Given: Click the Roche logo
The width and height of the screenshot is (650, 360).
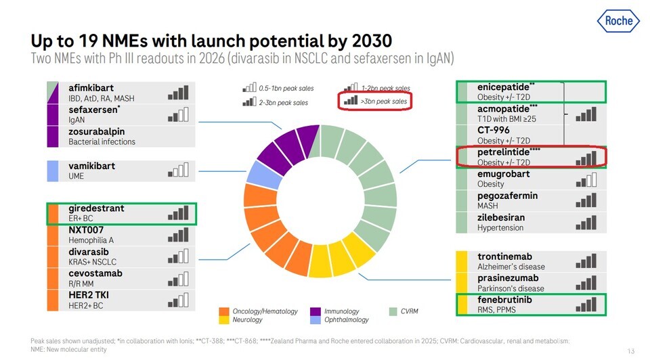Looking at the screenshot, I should (x=618, y=20).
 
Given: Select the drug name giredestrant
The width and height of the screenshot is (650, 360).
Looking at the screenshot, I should (x=96, y=208).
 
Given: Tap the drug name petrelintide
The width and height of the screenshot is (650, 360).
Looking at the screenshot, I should (x=503, y=152).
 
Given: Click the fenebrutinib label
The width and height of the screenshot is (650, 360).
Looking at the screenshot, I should (x=504, y=300).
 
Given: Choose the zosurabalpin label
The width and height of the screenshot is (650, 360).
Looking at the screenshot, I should (x=102, y=131).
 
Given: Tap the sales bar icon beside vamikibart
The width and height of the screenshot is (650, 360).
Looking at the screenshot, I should (x=178, y=171).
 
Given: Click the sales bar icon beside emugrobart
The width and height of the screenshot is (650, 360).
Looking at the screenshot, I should (x=586, y=179).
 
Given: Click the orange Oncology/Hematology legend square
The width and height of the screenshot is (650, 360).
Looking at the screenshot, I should (x=223, y=311).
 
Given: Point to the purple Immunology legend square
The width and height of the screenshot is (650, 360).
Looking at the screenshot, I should (x=314, y=311).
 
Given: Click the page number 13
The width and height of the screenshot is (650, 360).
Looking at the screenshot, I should (x=630, y=350).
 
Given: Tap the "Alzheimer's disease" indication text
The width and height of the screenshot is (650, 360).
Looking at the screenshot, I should (x=511, y=267).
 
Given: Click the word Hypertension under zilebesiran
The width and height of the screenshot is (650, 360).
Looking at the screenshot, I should (x=500, y=228).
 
